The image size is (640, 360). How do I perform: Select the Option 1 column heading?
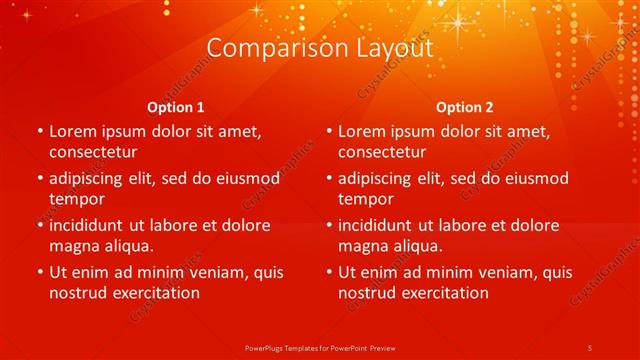click(x=176, y=107)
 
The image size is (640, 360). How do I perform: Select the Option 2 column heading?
click(x=465, y=107)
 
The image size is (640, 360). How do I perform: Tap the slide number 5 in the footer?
click(x=590, y=347)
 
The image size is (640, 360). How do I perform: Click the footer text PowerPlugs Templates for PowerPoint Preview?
click(x=320, y=347)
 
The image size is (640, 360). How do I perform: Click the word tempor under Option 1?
click(x=77, y=198)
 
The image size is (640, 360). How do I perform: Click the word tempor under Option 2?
click(x=366, y=198)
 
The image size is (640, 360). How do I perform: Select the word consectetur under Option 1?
click(x=93, y=152)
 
